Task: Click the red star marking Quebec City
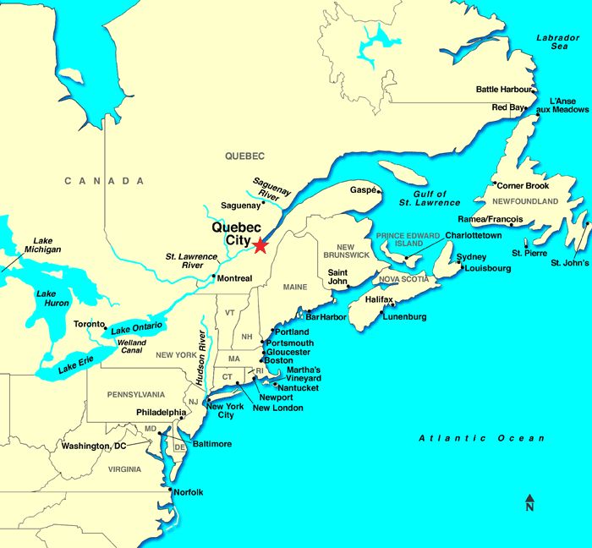[260, 245]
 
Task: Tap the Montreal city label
[234, 278]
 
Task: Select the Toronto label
[89, 324]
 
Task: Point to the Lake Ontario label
[135, 328]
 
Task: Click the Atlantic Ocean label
[483, 438]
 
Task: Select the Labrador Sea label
[558, 43]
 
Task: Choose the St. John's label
[569, 263]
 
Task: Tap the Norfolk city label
[189, 492]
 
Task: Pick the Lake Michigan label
[41, 244]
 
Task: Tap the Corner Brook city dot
[495, 183]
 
